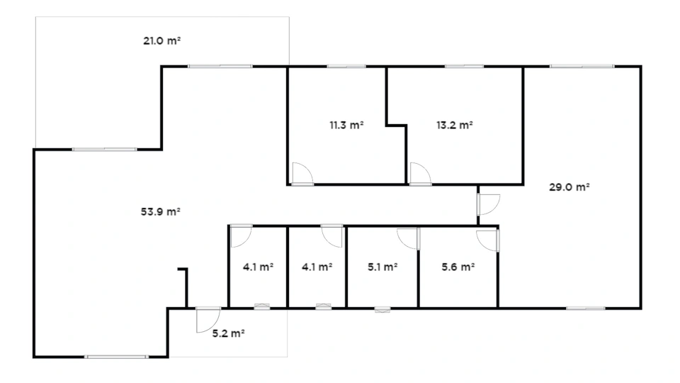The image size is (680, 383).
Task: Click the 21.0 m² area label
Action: [x=161, y=41]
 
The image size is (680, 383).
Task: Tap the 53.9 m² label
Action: [x=161, y=212]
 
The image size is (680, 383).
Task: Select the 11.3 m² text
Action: [x=346, y=125]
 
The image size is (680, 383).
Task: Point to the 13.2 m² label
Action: [x=455, y=125]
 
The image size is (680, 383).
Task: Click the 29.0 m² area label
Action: [x=569, y=187]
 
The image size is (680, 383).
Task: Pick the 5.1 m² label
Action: [x=383, y=267]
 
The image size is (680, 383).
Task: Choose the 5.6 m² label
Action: [x=458, y=267]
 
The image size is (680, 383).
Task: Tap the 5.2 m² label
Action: [x=229, y=333]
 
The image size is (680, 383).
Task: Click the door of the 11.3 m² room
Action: [x=302, y=174]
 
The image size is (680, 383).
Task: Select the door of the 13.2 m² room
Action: [x=420, y=174]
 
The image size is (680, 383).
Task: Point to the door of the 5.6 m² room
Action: [x=488, y=240]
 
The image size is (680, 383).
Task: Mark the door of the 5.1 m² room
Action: [x=409, y=239]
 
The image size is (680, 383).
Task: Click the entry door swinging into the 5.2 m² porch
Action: [x=208, y=320]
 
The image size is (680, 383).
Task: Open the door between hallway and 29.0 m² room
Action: [x=488, y=204]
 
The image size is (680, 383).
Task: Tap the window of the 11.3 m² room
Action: [x=346, y=67]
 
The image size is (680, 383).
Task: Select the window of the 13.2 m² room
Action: [x=464, y=67]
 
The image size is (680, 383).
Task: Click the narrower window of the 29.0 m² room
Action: [x=586, y=309]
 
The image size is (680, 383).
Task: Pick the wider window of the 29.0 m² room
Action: [x=582, y=67]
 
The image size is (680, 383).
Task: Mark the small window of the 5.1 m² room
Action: [x=382, y=310]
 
